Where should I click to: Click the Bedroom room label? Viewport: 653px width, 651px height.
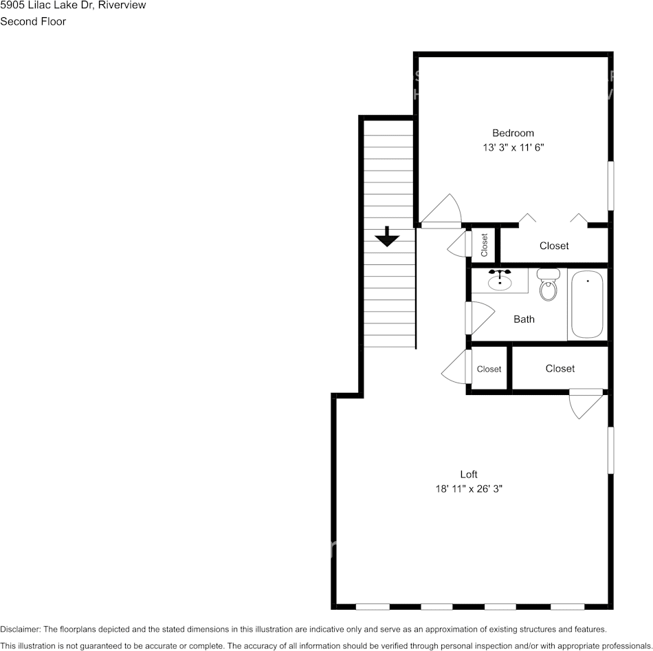point(513,133)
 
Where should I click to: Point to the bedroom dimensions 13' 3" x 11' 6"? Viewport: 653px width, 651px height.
point(513,147)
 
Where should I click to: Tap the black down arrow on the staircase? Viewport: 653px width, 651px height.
point(388,237)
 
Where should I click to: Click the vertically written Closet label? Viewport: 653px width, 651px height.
point(484,245)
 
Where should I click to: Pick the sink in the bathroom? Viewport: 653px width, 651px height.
point(500,281)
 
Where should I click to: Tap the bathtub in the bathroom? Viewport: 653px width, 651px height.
point(587,303)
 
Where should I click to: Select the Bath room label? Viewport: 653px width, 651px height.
point(524,319)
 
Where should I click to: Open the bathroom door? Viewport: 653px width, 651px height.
point(479,317)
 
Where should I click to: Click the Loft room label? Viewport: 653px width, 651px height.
point(469,474)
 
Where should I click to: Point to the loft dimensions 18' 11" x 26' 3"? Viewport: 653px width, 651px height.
point(469,489)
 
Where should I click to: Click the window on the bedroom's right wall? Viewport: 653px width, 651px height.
point(610,186)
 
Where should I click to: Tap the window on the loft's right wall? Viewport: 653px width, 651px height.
point(610,450)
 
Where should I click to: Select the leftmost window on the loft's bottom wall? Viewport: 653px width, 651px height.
point(373,606)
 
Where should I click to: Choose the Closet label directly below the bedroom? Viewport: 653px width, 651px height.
point(554,246)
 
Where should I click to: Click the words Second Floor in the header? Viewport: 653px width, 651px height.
point(33,21)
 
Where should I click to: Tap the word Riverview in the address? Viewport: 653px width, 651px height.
point(122,6)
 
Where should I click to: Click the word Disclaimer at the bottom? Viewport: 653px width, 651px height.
point(20,629)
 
